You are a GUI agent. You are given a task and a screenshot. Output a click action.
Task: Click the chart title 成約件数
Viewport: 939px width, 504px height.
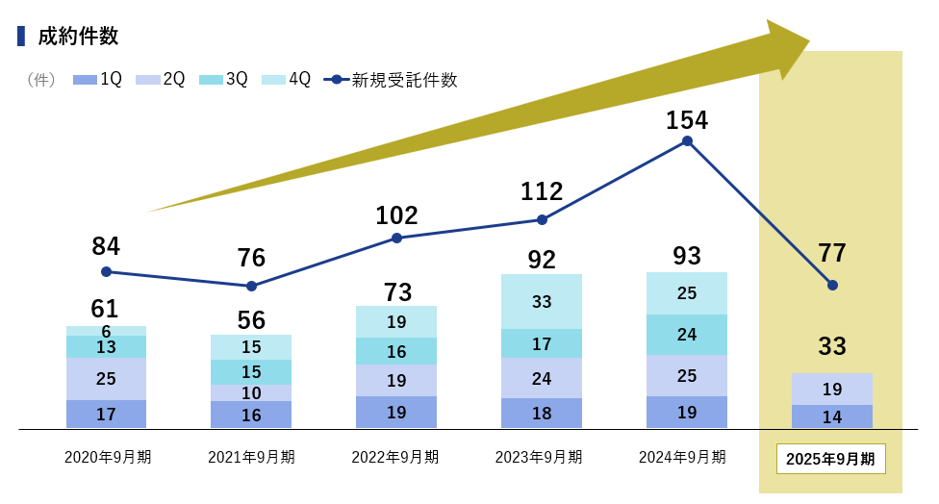coord(78,37)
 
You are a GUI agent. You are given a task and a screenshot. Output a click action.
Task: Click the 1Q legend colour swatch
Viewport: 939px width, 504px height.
coord(86,80)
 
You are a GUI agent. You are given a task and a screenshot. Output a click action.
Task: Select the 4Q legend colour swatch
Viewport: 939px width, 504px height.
coord(274,80)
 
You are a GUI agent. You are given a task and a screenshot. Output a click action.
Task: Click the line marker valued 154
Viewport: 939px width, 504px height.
coord(687,140)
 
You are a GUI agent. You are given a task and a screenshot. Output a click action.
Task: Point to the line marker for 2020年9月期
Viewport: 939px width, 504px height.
coord(106,272)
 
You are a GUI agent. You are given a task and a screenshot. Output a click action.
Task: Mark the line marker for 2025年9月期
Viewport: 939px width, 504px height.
coord(832,285)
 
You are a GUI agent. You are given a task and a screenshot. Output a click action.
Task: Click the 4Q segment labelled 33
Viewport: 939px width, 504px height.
coord(542,301)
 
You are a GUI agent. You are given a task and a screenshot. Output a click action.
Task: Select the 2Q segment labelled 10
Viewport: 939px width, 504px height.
coord(251,392)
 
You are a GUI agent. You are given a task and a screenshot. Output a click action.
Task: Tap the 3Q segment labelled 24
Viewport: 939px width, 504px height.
coord(687,335)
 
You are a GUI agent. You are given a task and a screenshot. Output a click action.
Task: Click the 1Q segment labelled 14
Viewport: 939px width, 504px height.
coord(832,416)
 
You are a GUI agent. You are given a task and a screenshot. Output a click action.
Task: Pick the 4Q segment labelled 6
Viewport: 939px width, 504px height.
coord(106,330)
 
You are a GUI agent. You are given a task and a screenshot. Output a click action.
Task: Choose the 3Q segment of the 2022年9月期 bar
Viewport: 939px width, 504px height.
coord(396,351)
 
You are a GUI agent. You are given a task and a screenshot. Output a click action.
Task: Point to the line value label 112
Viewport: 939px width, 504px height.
coord(542,191)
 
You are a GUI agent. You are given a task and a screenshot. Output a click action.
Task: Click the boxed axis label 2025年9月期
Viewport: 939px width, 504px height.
coord(830,459)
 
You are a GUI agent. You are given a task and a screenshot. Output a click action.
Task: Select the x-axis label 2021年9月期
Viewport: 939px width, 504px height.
coord(251,457)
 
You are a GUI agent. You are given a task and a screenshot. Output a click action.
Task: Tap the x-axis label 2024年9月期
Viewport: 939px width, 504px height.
coord(682,457)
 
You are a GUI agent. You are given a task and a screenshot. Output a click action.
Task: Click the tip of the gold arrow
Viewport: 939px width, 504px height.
coord(808,43)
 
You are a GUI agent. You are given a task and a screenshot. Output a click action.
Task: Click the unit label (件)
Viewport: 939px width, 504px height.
coord(41,80)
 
